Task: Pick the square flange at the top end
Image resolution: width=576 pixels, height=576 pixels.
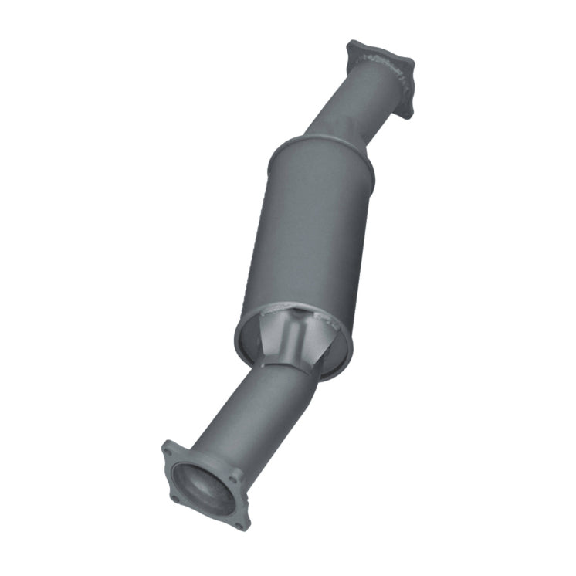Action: (380, 73)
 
